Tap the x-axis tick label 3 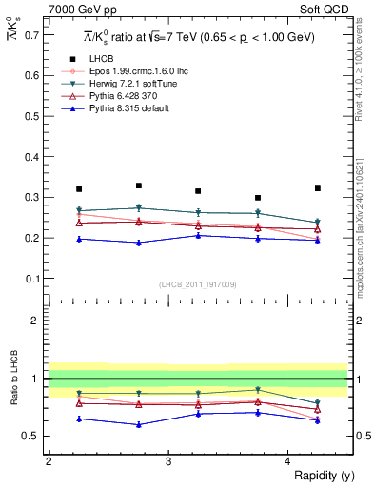[167, 461]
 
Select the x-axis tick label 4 [287, 461]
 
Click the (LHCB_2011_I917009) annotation [197, 284]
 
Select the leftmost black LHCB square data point [79, 189]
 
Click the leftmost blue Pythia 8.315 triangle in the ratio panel [79, 419]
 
